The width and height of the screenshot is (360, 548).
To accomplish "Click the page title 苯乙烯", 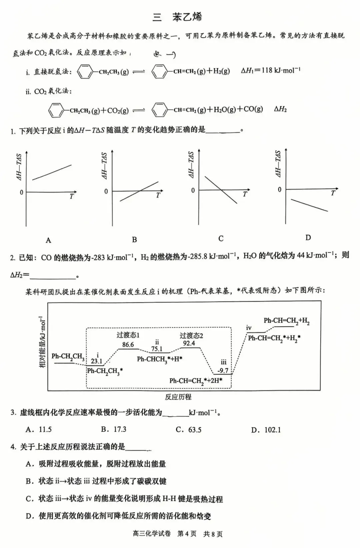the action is click(187, 17).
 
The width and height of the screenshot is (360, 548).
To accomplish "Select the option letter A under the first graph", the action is click(49, 240).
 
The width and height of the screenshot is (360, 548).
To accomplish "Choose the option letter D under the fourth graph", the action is click(308, 238).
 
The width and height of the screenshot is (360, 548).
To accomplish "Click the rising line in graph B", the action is click(139, 191).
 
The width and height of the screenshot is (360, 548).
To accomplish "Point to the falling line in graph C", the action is click(221, 190).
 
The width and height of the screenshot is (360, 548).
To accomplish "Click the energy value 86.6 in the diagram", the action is click(128, 345).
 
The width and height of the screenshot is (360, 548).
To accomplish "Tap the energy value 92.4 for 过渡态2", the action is click(189, 343).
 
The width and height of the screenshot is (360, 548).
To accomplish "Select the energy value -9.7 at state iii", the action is click(223, 371).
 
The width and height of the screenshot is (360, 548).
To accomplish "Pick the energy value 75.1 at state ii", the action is click(157, 349).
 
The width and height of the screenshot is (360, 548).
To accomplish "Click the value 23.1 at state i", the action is click(96, 361).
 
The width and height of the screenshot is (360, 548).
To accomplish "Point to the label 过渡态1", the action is click(128, 335).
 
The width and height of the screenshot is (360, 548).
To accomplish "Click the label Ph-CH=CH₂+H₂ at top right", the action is click(287, 321).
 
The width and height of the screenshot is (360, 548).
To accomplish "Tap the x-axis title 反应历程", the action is click(178, 397).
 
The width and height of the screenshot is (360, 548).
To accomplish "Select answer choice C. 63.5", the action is click(189, 430).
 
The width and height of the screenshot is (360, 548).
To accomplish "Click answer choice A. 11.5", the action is click(39, 429).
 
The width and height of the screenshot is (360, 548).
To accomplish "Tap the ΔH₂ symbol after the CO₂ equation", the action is click(280, 109).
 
